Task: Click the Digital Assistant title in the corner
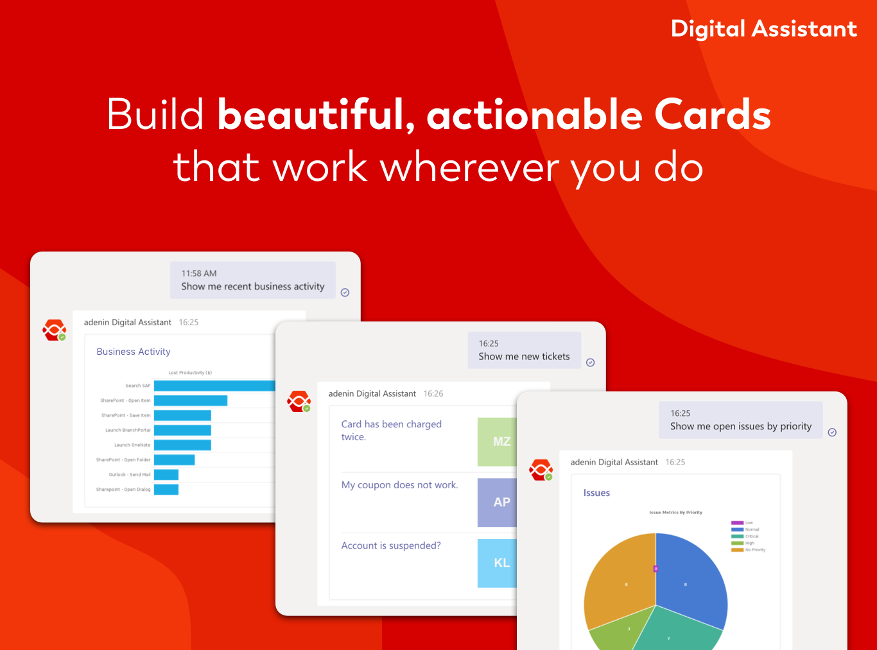pyautogui.click(x=763, y=29)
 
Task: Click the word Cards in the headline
pyautogui.click(x=712, y=115)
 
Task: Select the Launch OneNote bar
pyautogui.click(x=182, y=445)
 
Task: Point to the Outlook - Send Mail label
pyautogui.click(x=130, y=475)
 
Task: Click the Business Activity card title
pyautogui.click(x=134, y=352)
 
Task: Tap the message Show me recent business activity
pyautogui.click(x=252, y=287)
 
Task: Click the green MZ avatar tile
pyautogui.click(x=498, y=441)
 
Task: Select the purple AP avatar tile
pyautogui.click(x=498, y=502)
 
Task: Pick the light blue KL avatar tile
pyautogui.click(x=498, y=563)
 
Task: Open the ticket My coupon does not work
pyautogui.click(x=399, y=485)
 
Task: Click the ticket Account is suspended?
pyautogui.click(x=391, y=545)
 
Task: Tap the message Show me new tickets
pyautogui.click(x=524, y=357)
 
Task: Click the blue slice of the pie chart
pyautogui.click(x=690, y=577)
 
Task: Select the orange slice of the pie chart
pyautogui.click(x=620, y=581)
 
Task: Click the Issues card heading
pyautogui.click(x=596, y=493)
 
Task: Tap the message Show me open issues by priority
pyautogui.click(x=740, y=427)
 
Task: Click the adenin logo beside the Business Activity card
pyautogui.click(x=55, y=330)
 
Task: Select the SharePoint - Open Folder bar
pyautogui.click(x=174, y=459)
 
